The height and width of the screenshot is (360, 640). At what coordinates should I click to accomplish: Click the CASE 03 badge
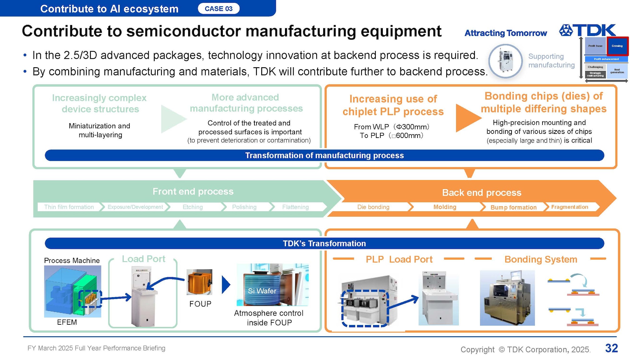(x=218, y=9)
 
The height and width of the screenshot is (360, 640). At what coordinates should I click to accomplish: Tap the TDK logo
(x=587, y=30)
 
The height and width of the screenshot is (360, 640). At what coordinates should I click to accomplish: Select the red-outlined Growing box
(x=617, y=46)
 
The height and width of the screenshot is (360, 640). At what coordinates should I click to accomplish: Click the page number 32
(x=611, y=348)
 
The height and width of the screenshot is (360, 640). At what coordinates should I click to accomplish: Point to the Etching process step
(x=192, y=207)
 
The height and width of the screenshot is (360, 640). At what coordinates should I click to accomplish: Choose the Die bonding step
(x=373, y=207)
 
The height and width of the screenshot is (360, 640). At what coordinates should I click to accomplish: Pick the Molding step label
(x=445, y=207)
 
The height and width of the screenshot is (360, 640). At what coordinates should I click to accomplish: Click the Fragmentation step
(x=569, y=207)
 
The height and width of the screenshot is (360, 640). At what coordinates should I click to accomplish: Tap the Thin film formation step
(x=69, y=207)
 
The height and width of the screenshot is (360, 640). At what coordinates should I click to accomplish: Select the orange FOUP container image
(x=200, y=282)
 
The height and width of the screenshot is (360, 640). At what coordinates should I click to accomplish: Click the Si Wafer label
(x=262, y=291)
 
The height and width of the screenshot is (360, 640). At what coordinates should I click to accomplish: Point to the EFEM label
(x=67, y=322)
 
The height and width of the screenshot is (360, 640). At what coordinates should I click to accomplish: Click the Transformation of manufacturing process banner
(x=324, y=155)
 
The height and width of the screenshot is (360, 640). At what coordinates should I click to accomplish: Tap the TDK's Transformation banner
(x=324, y=243)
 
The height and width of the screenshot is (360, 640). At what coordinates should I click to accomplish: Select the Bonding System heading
(x=541, y=259)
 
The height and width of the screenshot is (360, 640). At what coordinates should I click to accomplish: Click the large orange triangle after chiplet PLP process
(x=467, y=118)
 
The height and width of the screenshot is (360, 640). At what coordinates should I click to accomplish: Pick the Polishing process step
(x=244, y=207)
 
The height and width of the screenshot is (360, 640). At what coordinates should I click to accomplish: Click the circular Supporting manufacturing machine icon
(x=505, y=61)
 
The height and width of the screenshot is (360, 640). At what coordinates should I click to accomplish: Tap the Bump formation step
(x=513, y=207)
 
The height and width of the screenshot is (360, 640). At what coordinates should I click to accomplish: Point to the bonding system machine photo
(x=507, y=298)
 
